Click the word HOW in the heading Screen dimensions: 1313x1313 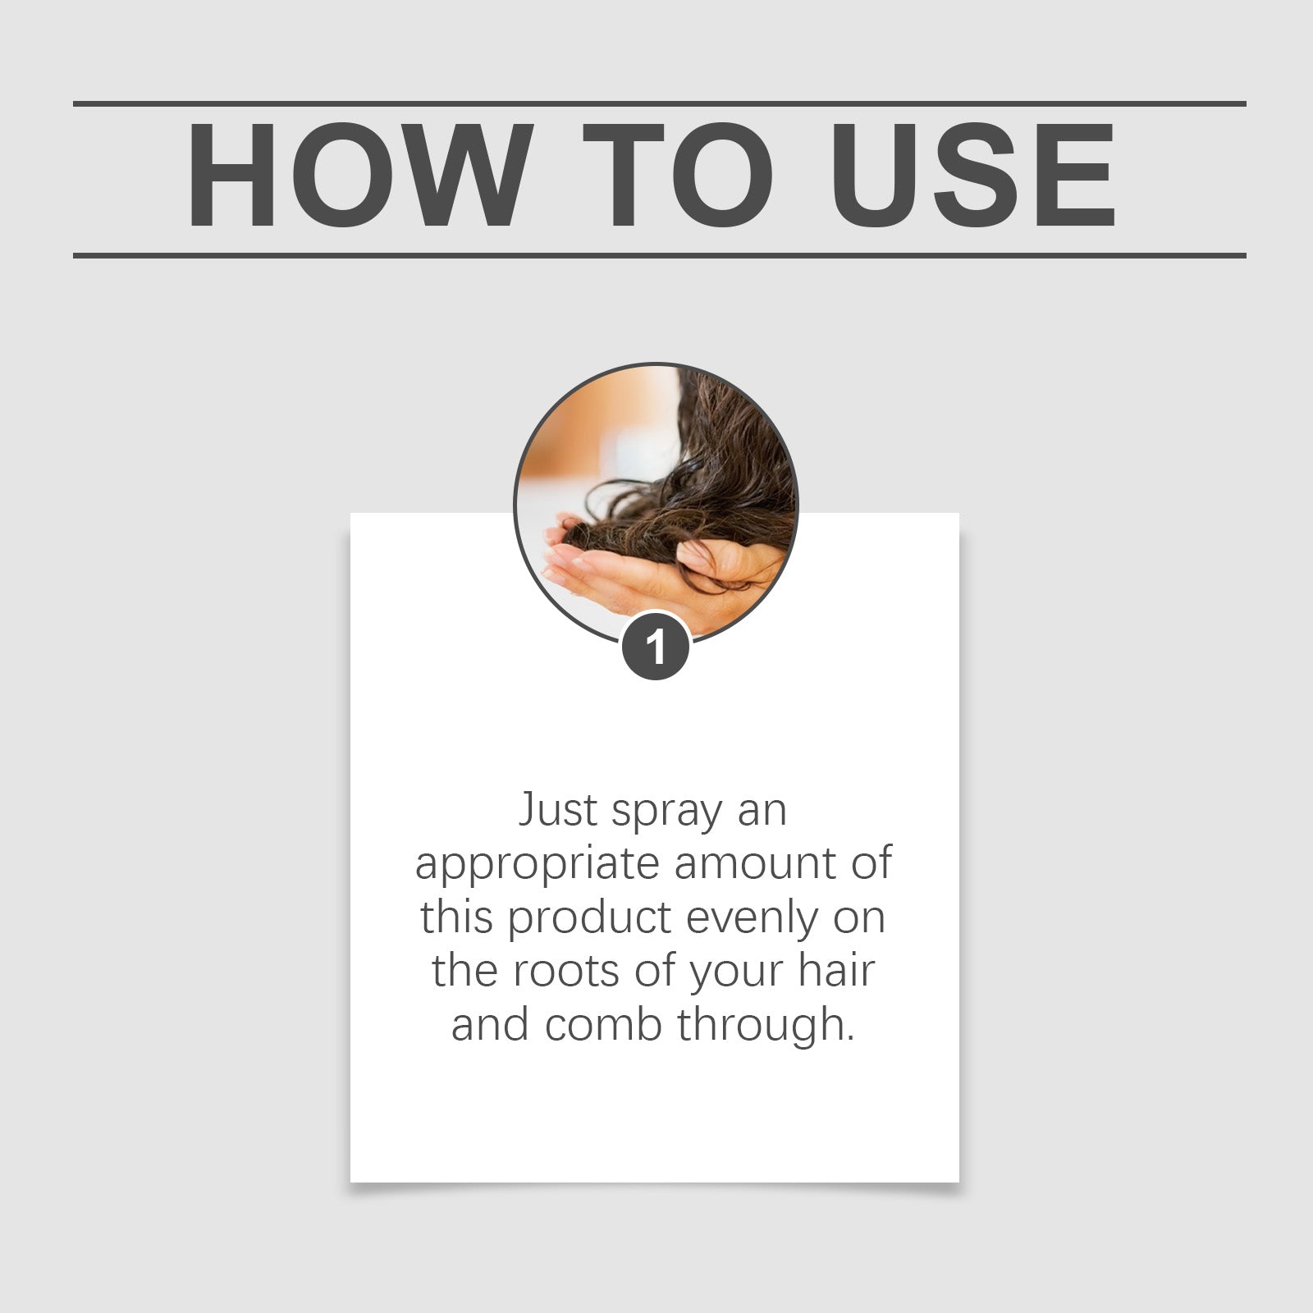[355, 176]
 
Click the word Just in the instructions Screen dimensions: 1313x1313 [558, 810]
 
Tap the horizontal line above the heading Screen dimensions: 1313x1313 [659, 104]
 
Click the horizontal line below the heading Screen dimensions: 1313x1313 [659, 255]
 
